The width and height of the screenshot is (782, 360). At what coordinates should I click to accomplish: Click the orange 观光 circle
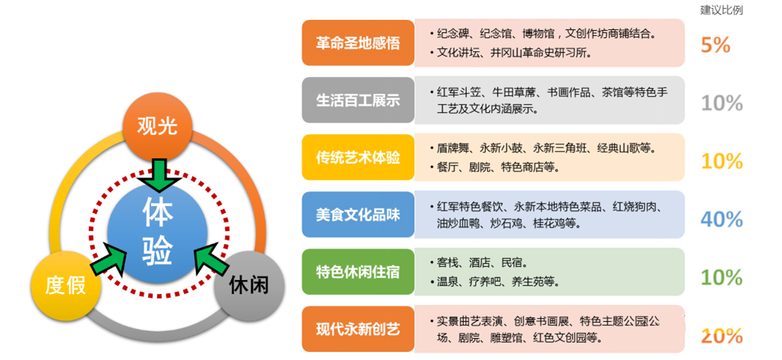click(157, 127)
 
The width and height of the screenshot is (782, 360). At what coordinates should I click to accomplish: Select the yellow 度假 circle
click(66, 285)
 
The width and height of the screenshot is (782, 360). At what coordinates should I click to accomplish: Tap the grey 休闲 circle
click(249, 285)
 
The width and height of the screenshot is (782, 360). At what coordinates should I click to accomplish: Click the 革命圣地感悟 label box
click(358, 43)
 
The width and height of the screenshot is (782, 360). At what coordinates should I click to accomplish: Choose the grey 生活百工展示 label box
click(358, 100)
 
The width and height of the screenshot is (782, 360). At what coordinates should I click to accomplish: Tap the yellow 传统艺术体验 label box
click(358, 158)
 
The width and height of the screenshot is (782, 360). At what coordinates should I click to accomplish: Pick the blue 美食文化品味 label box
click(358, 214)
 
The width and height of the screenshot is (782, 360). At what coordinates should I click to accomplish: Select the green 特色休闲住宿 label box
click(358, 272)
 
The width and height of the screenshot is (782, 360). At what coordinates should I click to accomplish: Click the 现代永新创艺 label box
click(358, 329)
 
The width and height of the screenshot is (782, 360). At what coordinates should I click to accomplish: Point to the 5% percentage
click(715, 45)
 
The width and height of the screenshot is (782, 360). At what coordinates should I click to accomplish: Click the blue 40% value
click(722, 219)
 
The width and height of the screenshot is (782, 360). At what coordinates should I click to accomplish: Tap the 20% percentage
click(722, 337)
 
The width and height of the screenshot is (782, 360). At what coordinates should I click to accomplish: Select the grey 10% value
click(722, 103)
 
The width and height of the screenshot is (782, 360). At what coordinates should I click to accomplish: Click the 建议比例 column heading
click(721, 10)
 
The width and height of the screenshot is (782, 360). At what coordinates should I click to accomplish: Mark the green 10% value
click(722, 277)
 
